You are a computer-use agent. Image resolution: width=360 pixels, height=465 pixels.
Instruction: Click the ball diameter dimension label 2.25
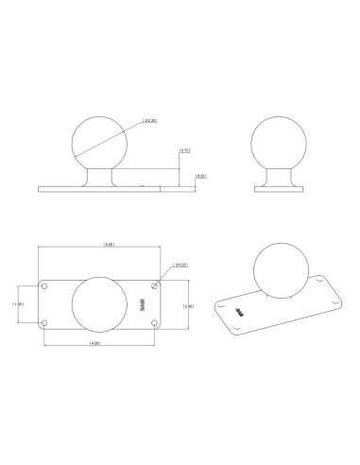click(x=148, y=120)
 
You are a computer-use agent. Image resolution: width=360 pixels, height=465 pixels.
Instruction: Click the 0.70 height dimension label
click(x=185, y=149)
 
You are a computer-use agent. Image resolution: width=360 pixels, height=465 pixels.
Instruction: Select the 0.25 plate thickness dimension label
click(x=200, y=176)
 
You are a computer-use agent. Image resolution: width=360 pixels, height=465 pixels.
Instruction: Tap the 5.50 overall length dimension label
click(x=110, y=245)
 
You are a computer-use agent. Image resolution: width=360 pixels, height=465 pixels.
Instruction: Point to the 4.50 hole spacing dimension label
click(x=97, y=342)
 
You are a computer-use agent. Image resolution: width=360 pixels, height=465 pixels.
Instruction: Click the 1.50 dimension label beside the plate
click(x=18, y=303)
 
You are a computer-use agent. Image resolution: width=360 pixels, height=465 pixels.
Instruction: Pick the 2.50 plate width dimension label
click(x=188, y=306)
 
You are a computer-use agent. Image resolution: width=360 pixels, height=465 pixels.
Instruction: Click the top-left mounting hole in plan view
click(x=44, y=285)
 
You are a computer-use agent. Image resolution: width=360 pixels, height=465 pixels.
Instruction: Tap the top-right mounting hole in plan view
click(x=155, y=285)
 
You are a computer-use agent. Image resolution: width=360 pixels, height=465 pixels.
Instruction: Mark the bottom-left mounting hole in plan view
click(x=44, y=322)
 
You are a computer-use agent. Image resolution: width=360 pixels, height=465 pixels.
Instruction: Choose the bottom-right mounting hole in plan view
click(x=155, y=322)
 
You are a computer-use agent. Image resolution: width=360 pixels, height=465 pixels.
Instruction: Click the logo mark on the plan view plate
click(x=143, y=304)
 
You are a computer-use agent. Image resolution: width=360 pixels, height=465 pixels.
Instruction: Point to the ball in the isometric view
click(x=279, y=268)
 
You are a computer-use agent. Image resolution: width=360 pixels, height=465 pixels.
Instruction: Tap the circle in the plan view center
click(x=98, y=304)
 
